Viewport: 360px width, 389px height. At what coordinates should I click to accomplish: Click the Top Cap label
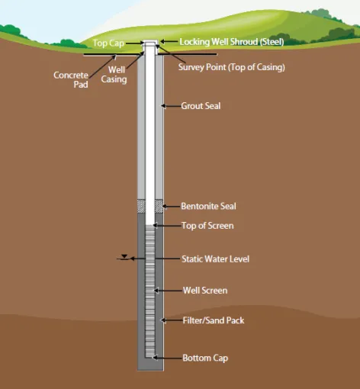108,43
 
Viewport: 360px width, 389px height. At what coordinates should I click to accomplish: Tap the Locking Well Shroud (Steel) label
232,42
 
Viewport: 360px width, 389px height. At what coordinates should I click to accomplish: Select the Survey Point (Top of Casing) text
231,67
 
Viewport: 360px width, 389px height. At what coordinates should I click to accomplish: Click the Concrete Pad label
71,79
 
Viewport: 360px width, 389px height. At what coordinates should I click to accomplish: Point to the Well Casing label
114,75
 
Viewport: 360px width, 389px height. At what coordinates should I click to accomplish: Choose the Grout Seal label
201,106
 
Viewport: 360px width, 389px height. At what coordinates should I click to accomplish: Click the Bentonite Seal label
208,206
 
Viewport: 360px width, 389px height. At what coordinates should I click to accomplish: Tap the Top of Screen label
207,226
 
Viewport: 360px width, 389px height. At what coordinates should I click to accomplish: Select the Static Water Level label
215,259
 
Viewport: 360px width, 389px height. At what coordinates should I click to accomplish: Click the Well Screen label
205,291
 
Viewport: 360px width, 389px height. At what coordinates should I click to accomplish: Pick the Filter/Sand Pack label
214,320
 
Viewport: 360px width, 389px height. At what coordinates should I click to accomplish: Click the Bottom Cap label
205,358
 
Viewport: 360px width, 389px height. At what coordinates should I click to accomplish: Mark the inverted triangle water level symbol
124,256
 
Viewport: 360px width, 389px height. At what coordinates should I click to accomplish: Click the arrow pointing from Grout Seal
171,106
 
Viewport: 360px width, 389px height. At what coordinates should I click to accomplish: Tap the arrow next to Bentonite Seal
172,207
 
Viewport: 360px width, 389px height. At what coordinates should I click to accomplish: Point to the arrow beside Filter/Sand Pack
172,320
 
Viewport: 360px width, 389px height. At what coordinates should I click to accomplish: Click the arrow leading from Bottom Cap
167,358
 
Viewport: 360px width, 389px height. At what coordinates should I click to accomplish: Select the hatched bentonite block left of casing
141,206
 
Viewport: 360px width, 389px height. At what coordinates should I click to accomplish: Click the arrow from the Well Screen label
168,291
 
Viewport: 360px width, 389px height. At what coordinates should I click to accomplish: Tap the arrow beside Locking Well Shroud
169,41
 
